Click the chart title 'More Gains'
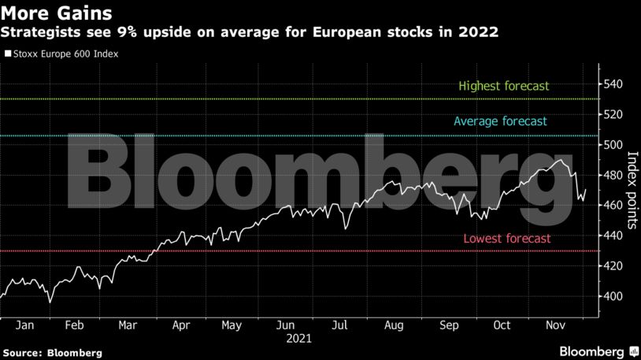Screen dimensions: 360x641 pos(56,13)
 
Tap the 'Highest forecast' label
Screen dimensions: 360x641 pos(503,86)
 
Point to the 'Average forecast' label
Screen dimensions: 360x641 pos(500,121)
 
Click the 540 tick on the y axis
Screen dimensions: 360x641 pos(611,84)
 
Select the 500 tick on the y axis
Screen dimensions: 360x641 pos(611,145)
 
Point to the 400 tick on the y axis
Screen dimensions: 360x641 pos(611,296)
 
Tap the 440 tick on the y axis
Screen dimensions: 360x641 pos(611,236)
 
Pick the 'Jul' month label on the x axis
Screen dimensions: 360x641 pos(340,325)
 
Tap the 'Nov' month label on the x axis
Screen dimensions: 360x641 pos(554,325)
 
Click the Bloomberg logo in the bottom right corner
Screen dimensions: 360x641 pos(598,350)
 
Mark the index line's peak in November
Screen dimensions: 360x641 pos(560,160)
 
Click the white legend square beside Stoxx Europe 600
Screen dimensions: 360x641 pos(8,56)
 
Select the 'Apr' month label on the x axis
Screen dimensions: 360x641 pos(180,325)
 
